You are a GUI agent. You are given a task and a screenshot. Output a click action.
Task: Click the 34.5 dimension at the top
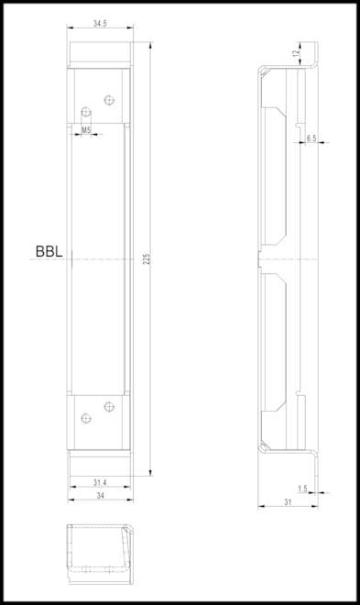coord(99,22)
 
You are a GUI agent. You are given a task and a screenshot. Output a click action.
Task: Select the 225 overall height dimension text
coord(146,259)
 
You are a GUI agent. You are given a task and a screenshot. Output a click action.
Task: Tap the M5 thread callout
coord(85,131)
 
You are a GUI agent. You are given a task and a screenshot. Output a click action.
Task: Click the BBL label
coord(49,250)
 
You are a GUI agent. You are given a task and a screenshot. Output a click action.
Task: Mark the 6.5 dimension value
coord(311,137)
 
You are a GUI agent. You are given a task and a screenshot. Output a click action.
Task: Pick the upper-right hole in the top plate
coord(108,99)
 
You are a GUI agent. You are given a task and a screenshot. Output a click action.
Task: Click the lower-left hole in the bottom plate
coord(85,418)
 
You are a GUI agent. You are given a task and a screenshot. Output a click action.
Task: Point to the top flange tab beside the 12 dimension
coord(315,54)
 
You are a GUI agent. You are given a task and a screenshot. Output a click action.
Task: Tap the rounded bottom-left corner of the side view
coord(262,447)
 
